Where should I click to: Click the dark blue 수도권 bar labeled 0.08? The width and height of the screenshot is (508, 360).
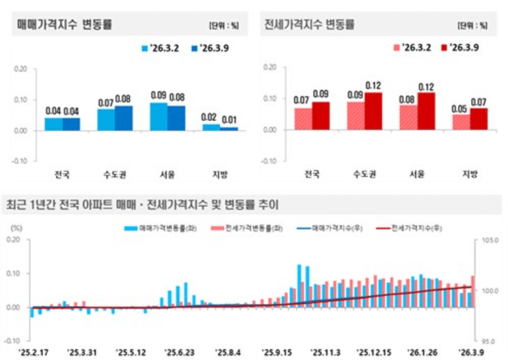point(123,117)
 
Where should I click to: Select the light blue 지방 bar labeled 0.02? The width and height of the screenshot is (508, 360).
point(211,127)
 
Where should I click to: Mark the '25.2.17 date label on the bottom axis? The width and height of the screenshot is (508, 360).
point(34,352)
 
